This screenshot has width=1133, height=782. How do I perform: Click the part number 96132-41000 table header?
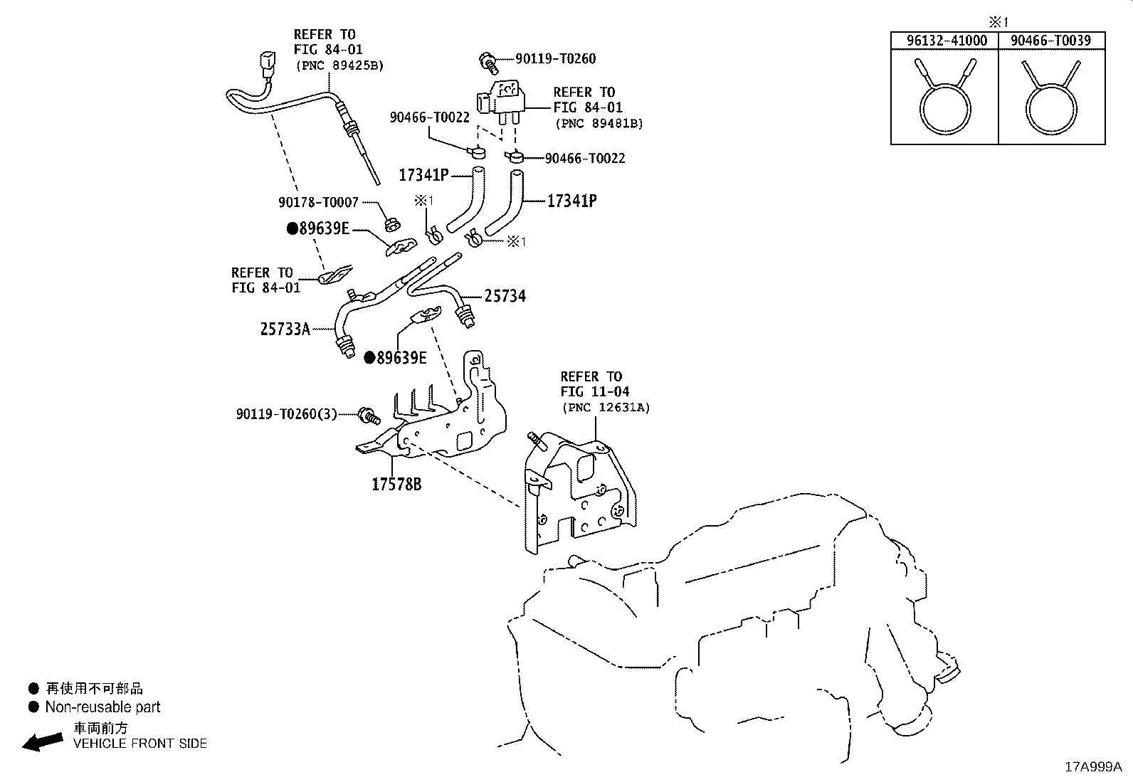click(947, 41)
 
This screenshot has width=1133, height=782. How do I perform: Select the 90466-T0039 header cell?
click(1050, 41)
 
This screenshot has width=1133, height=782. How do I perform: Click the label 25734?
click(505, 296)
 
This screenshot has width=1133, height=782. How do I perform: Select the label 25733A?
click(285, 329)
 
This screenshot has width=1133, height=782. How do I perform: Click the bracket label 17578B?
click(396, 485)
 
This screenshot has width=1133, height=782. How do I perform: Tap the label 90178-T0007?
click(318, 202)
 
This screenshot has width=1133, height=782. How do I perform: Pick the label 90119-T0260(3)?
click(286, 414)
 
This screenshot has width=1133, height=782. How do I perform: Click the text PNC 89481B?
click(599, 124)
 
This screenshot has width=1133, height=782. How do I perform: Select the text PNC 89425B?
click(339, 65)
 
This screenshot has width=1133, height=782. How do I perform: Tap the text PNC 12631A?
click(606, 408)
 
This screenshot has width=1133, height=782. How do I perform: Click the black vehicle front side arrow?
click(43, 741)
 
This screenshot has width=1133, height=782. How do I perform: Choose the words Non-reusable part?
click(102, 707)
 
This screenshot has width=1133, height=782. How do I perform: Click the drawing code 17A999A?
click(1093, 767)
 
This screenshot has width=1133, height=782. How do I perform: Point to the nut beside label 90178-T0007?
click(393, 224)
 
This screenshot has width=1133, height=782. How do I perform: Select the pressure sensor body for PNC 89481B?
click(500, 101)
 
